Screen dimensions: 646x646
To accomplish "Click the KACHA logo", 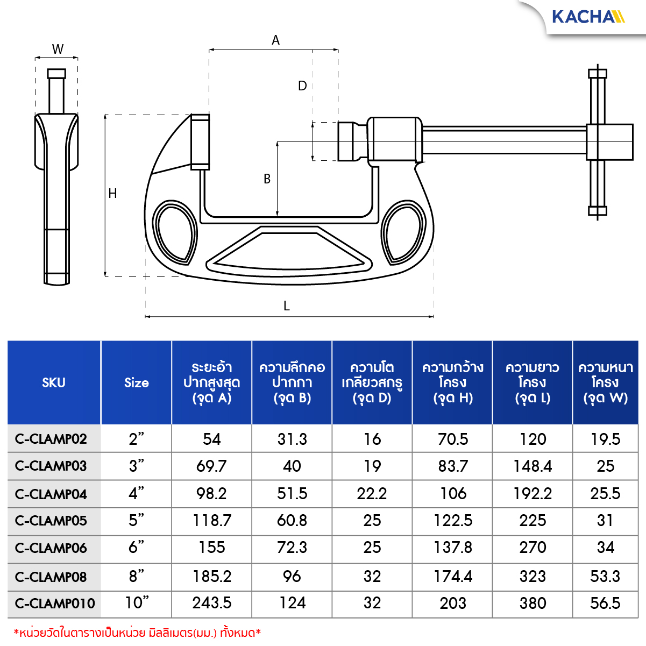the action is pos(588,17).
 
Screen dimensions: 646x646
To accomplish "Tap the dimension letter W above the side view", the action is pos(58,49).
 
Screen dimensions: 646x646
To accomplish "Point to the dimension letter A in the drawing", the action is pos(275,40).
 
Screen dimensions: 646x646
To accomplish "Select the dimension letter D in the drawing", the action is pos(302,86).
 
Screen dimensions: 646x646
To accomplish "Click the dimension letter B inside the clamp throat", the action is pos(267,179).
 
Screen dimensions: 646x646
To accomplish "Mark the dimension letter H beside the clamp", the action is pos(112,193).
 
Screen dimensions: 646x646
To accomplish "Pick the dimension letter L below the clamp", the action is pos(287,306).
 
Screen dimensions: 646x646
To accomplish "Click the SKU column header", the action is pos(54,382).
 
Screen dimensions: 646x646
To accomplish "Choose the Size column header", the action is pos(137,382).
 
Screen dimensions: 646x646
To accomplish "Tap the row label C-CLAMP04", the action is pos(51,494).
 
